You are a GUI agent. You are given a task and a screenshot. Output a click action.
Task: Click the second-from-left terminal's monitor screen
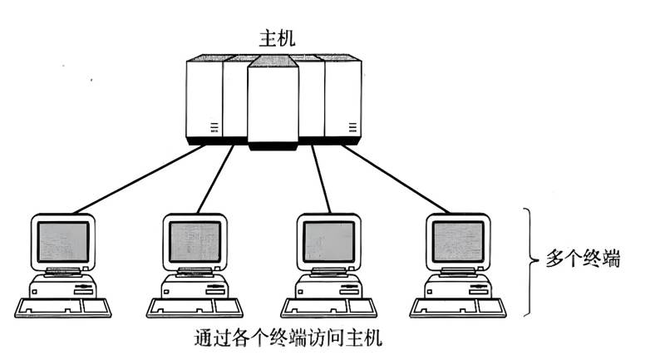tap(195, 241)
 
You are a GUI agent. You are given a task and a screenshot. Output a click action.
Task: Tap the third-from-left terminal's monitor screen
tap(328, 241)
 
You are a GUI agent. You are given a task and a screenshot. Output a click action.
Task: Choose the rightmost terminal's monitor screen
tap(458, 241)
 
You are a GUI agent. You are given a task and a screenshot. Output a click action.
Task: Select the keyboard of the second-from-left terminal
tap(195, 308)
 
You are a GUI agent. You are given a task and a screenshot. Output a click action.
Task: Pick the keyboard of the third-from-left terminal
tap(328, 308)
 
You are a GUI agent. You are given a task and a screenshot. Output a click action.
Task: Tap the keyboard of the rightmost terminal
tap(458, 308)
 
